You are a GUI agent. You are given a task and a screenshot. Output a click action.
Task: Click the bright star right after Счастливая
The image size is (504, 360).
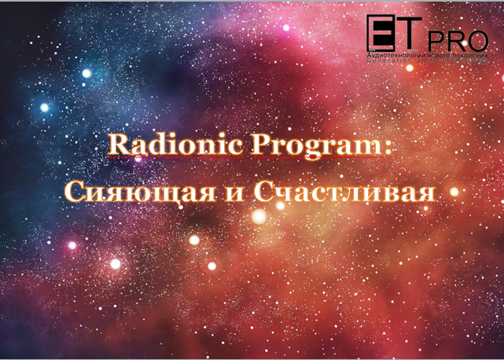pyautogui.click(x=453, y=190)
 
